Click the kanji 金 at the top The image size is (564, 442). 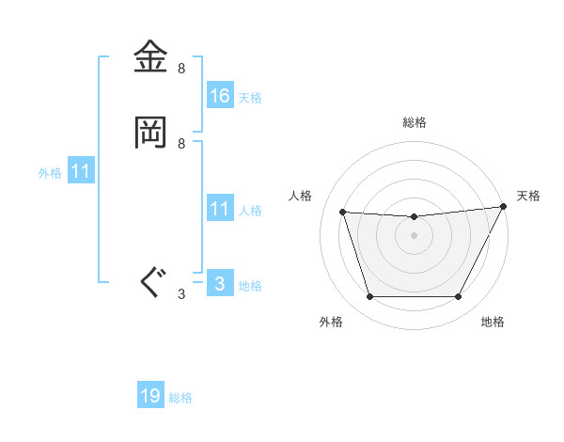point(151,58)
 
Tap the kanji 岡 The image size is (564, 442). point(151,133)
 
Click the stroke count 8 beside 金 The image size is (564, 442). point(181,69)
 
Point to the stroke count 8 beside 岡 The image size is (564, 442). point(181,143)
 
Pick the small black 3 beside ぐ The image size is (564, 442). point(181,293)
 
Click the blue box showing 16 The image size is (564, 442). point(219,96)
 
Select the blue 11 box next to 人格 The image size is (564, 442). point(219,209)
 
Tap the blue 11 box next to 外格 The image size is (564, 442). point(81,172)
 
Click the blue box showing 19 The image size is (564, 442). point(150,397)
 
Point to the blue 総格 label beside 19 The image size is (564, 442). point(180,398)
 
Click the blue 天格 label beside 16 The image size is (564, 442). point(250,97)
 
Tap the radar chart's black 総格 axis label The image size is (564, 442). point(414,122)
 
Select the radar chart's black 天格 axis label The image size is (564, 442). point(528,196)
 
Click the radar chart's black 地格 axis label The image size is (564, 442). point(493,322)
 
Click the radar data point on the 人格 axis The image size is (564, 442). point(342,213)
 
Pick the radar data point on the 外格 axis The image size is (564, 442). point(369,297)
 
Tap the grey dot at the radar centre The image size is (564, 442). point(414,236)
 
